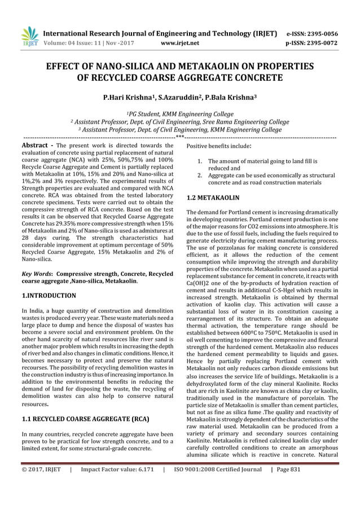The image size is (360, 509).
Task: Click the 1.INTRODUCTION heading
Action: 49,295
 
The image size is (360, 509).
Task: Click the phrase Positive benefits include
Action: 218,146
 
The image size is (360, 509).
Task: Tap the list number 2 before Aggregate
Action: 200,176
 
